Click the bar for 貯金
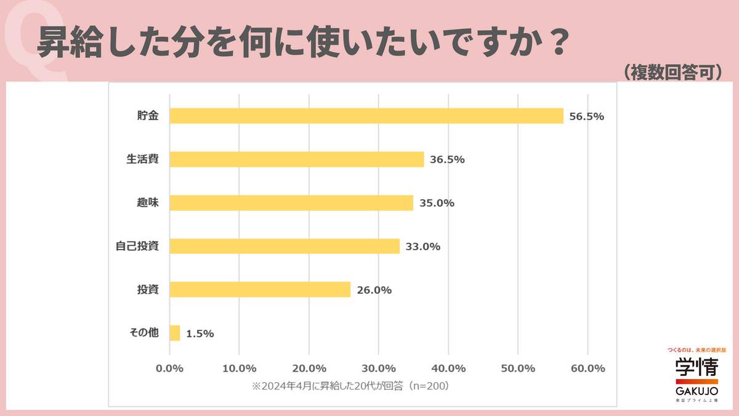366,116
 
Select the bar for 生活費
297,159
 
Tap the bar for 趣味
291,203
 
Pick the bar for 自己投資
285,247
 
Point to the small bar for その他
175,333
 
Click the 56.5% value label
586,116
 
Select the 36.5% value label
447,160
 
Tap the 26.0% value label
374,290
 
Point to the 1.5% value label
200,333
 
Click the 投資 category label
148,289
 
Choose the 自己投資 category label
137,246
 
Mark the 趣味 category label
148,203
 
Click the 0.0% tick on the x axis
169,369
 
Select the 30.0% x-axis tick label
379,369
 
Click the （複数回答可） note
671,72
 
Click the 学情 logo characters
697,370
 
